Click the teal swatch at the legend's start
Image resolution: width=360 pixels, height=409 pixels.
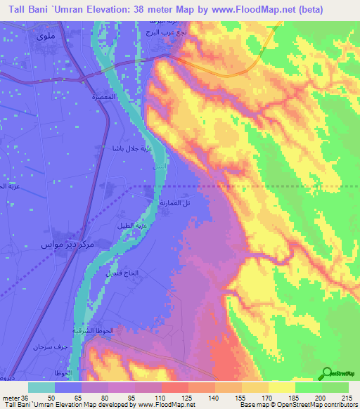41,387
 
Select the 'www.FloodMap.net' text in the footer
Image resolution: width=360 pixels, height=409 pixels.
167,405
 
